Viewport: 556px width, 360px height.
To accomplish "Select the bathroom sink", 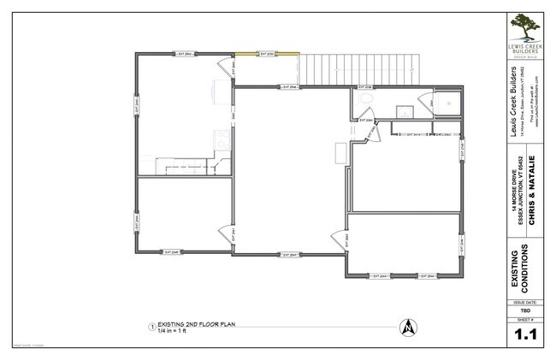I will coord(403,109).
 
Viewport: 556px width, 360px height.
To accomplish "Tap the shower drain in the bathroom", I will coord(448,100).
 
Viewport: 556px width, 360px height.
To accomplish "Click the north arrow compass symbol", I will coord(408,326).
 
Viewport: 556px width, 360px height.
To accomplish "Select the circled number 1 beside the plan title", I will coord(151,327).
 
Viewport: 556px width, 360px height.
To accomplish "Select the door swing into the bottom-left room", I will coord(225,233).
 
